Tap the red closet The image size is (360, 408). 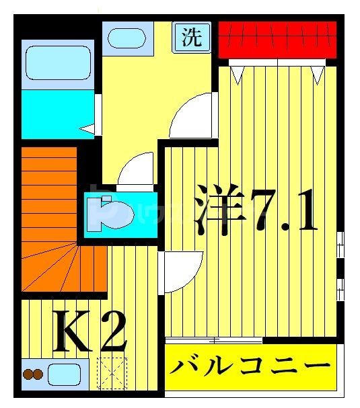(277, 39)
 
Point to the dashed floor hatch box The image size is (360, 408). (112, 372)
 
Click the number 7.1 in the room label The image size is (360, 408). (283, 211)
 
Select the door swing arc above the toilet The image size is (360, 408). (138, 169)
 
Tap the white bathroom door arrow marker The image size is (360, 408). (87, 128)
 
